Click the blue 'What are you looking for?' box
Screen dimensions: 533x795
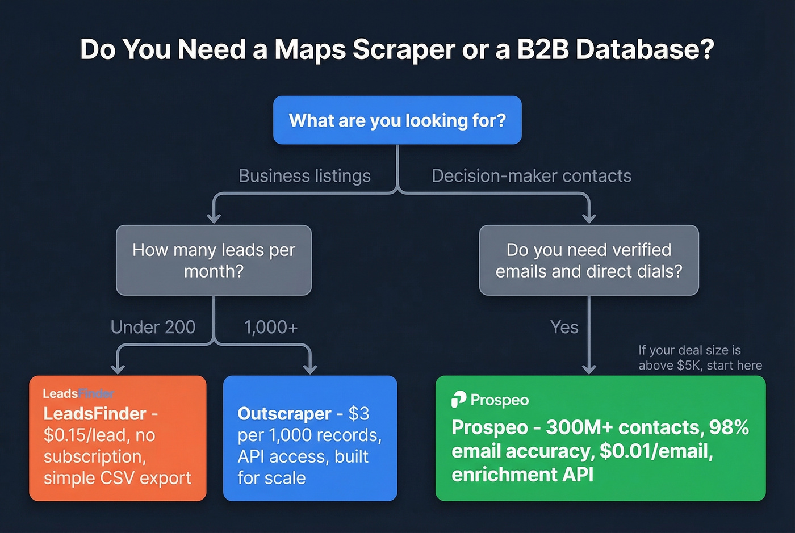tap(397, 120)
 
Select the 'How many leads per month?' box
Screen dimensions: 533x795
tap(214, 261)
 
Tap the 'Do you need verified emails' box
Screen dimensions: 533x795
tap(588, 261)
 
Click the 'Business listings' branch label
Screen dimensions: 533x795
tap(304, 176)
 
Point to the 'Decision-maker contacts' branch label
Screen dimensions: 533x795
tap(531, 176)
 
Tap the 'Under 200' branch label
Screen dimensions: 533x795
tap(153, 328)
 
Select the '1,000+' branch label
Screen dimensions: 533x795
tap(270, 328)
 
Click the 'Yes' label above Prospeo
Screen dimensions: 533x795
tap(564, 328)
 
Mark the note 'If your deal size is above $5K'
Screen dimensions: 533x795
tap(700, 358)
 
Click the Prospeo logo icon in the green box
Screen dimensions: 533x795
tap(458, 400)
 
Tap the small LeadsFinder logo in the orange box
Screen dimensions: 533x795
tap(78, 393)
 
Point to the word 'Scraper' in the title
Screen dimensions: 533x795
tap(404, 49)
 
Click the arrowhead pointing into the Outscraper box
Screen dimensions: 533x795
tap(310, 370)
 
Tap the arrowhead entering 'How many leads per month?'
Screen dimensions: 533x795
tap(214, 219)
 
